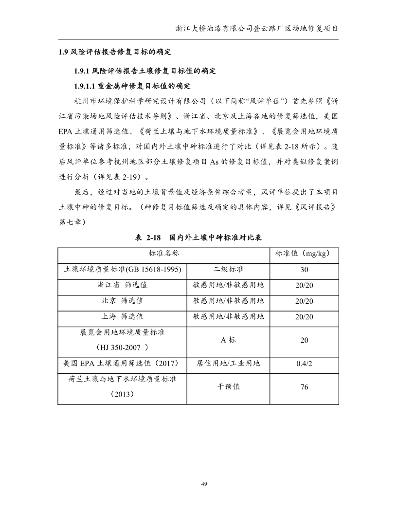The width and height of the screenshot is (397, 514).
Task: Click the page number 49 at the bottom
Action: click(204, 484)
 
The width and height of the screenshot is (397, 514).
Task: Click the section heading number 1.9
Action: click(64, 52)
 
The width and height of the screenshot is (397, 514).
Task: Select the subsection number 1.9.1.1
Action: click(85, 86)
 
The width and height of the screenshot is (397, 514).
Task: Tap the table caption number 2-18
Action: click(150, 238)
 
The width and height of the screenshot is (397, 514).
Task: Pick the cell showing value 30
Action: click(304, 270)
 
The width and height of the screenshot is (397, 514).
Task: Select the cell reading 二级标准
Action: click(228, 269)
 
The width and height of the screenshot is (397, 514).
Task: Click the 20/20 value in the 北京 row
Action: click(304, 301)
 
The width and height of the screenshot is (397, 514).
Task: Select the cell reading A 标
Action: click(228, 340)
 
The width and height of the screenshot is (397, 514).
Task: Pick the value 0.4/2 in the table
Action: click(304, 364)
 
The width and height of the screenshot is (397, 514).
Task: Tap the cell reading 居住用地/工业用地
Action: click(228, 363)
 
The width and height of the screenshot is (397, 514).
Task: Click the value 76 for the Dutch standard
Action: click(304, 387)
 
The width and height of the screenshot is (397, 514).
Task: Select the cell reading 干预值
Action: click(228, 387)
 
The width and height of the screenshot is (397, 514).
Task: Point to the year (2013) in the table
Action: click(122, 395)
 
